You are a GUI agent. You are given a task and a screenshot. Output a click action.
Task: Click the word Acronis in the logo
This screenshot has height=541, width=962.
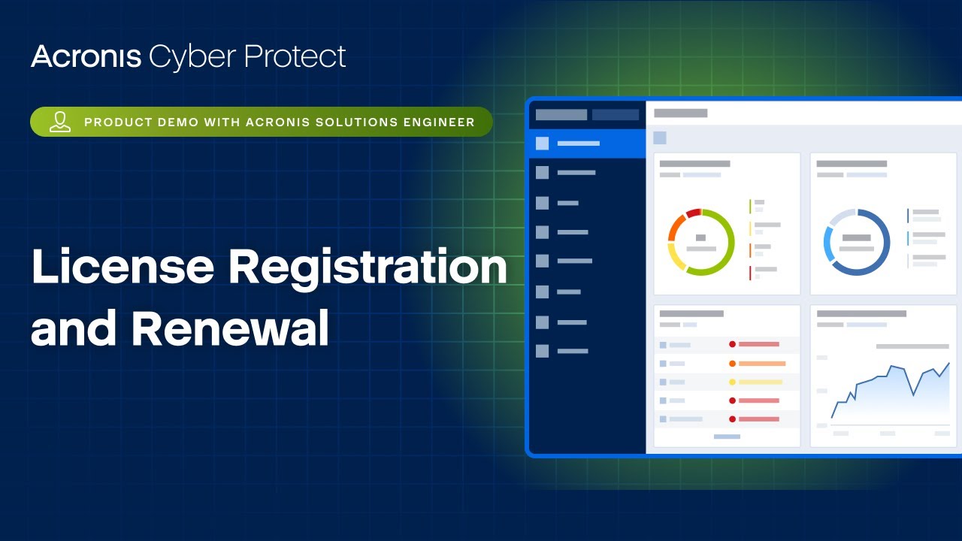click(86, 57)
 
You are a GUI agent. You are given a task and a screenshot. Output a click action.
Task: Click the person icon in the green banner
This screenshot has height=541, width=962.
click(60, 122)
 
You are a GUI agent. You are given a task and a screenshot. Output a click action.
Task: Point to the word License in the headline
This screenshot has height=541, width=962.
click(119, 268)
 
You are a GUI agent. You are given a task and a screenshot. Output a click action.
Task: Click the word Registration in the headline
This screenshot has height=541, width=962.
click(368, 268)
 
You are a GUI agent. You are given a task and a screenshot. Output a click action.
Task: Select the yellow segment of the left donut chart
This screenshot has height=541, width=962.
click(675, 257)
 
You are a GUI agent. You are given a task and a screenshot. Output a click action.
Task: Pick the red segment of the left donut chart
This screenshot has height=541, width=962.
click(693, 213)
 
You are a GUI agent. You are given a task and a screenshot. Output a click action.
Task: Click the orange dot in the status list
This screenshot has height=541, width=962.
click(732, 364)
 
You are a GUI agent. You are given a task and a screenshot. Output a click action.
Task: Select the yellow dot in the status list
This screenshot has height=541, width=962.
click(732, 382)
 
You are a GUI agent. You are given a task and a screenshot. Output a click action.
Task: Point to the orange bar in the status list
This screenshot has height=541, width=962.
click(761, 364)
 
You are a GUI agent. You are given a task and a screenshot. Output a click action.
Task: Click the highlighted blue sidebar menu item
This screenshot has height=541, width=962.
click(587, 144)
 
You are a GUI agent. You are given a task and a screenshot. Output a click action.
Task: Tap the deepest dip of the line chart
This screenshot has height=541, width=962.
click(913, 394)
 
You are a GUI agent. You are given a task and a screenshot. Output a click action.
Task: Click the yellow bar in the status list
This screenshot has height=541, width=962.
click(760, 382)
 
